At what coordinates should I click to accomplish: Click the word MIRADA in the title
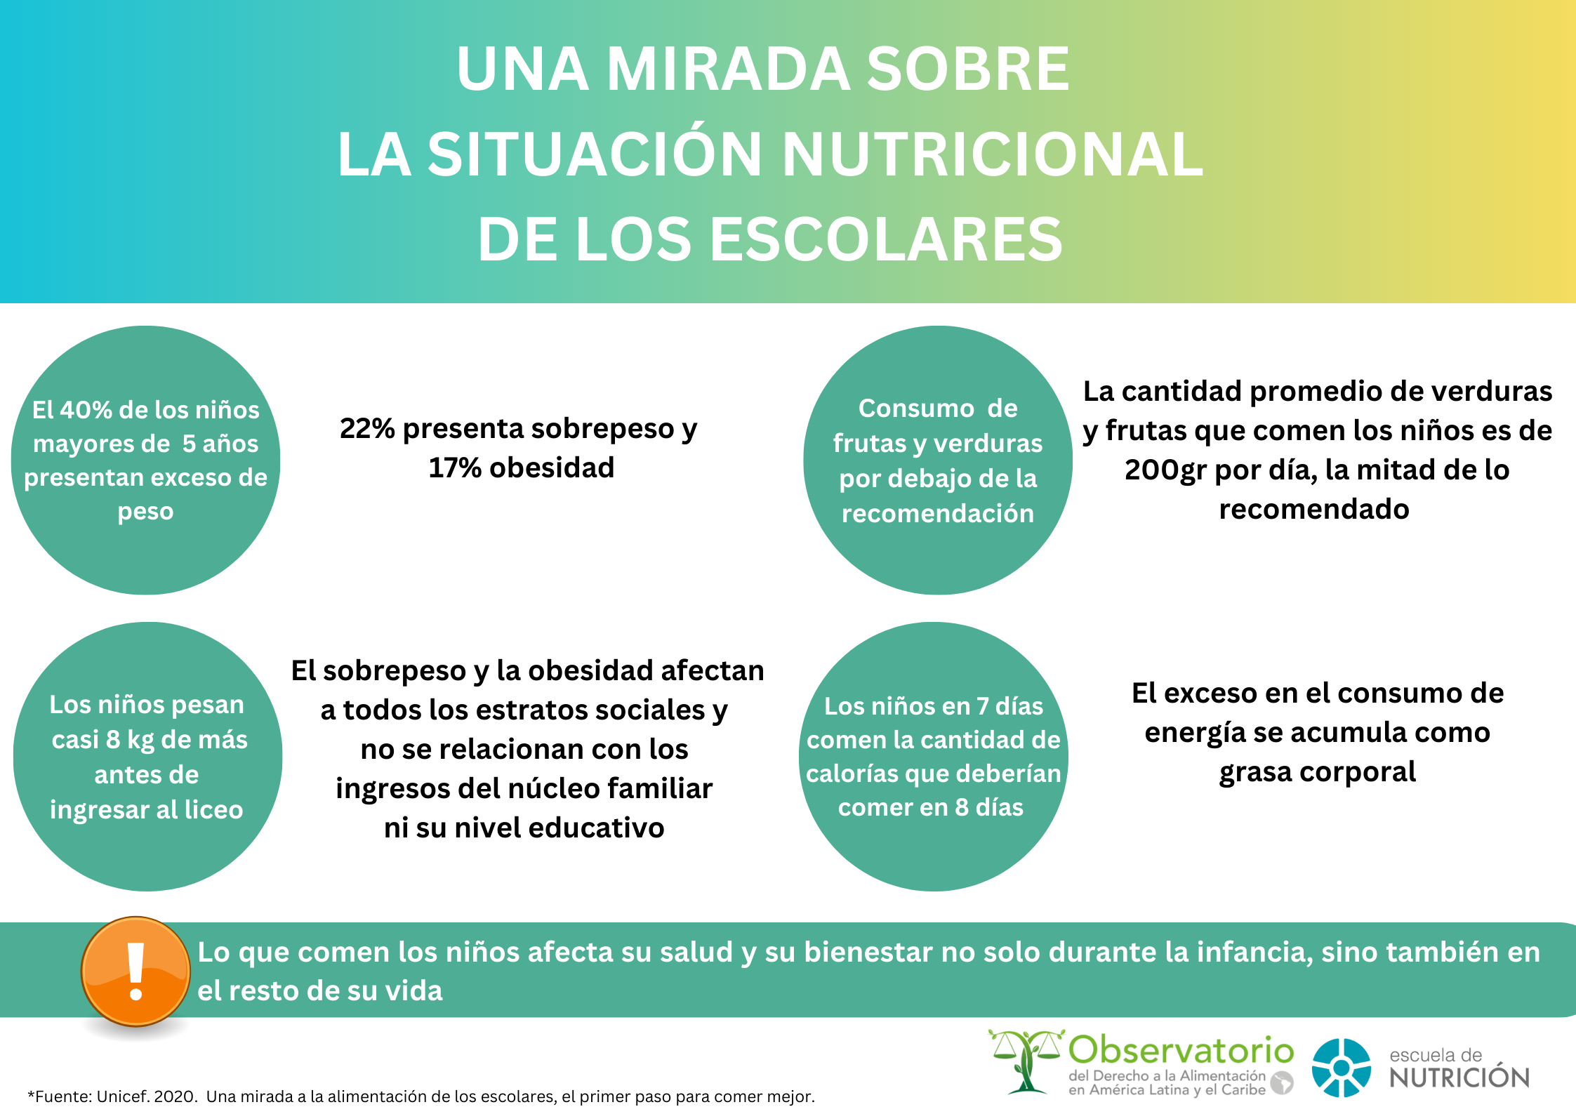click(x=729, y=69)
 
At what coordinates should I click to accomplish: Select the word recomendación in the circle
click(x=938, y=513)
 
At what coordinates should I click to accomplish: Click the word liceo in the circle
click(x=213, y=809)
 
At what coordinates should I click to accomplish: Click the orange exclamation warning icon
click(x=135, y=972)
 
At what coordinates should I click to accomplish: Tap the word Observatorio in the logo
click(x=1181, y=1051)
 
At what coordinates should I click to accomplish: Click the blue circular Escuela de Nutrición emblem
click(x=1342, y=1068)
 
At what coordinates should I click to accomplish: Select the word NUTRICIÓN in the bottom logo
click(x=1459, y=1077)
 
